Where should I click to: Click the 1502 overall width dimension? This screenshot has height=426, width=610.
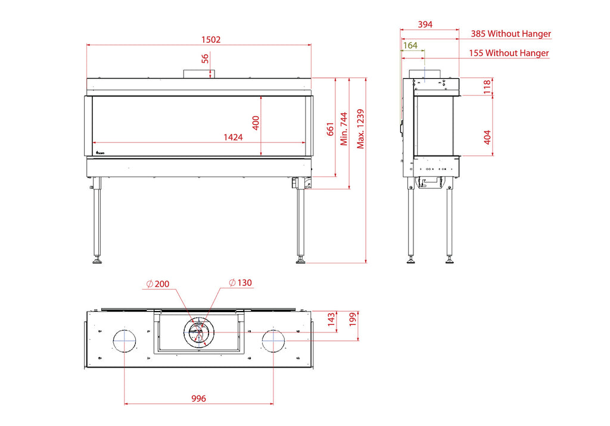211,40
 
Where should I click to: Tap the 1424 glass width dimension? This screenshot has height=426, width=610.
233,137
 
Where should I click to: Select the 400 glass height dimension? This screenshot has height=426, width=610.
256,123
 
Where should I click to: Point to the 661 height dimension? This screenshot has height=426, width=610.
330,129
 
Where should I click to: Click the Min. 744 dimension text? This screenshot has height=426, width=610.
344,129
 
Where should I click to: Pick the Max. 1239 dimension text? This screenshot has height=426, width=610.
360,129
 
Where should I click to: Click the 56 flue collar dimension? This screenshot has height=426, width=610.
205,59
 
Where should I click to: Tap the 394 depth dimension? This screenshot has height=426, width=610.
425,24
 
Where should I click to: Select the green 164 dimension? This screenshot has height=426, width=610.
410,45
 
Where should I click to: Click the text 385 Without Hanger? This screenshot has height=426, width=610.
511,34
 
